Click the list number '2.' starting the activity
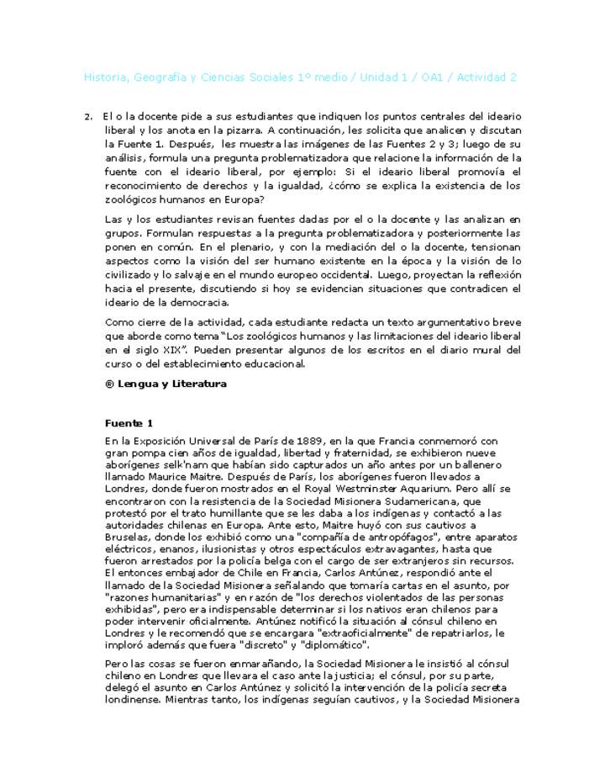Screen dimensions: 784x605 point(88,116)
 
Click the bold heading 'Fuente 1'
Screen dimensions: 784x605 point(129,422)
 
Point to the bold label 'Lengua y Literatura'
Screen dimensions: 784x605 point(171,384)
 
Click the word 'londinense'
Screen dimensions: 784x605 point(131,697)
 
